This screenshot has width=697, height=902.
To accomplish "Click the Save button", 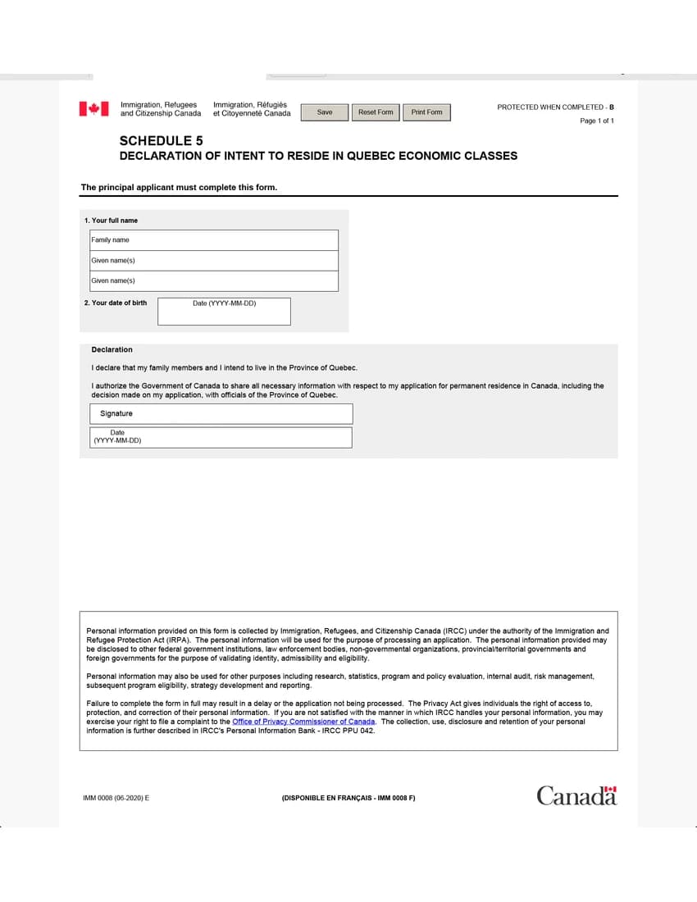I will (x=325, y=112).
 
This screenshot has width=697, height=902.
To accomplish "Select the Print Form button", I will (x=426, y=112).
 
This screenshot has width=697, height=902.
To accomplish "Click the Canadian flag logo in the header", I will (x=93, y=108).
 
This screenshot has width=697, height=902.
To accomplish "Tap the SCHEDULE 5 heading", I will (x=161, y=141).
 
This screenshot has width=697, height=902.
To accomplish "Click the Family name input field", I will (x=214, y=240).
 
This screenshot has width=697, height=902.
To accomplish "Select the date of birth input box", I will (x=224, y=312).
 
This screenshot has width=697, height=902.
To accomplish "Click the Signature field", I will (x=221, y=414).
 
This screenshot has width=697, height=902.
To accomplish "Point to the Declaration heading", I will (x=112, y=349).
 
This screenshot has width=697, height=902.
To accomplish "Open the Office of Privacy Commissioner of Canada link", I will (x=303, y=722).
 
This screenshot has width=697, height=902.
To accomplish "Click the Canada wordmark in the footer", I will (x=576, y=795).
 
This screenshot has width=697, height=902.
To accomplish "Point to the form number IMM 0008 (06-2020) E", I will (x=116, y=798).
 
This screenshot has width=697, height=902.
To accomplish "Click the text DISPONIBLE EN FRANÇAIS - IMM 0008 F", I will (x=348, y=798).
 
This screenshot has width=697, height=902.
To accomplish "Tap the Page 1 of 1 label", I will (x=596, y=121).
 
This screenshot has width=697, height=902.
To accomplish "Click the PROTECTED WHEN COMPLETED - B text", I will (x=555, y=107).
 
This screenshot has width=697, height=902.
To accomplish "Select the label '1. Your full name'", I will (x=111, y=221).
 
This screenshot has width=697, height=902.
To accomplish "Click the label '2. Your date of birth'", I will (x=116, y=303).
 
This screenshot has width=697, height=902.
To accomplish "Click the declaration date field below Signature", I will (x=221, y=438).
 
